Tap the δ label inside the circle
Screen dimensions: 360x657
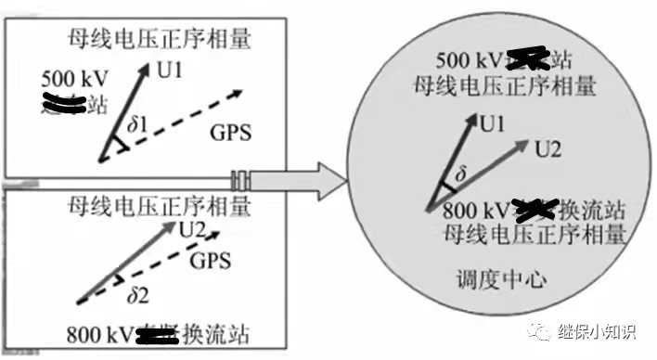(x=457, y=174)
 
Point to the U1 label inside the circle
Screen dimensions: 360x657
(x=495, y=122)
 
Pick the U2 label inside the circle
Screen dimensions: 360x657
(x=549, y=147)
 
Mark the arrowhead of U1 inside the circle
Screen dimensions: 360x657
(x=473, y=120)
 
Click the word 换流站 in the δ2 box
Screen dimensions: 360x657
(x=222, y=333)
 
